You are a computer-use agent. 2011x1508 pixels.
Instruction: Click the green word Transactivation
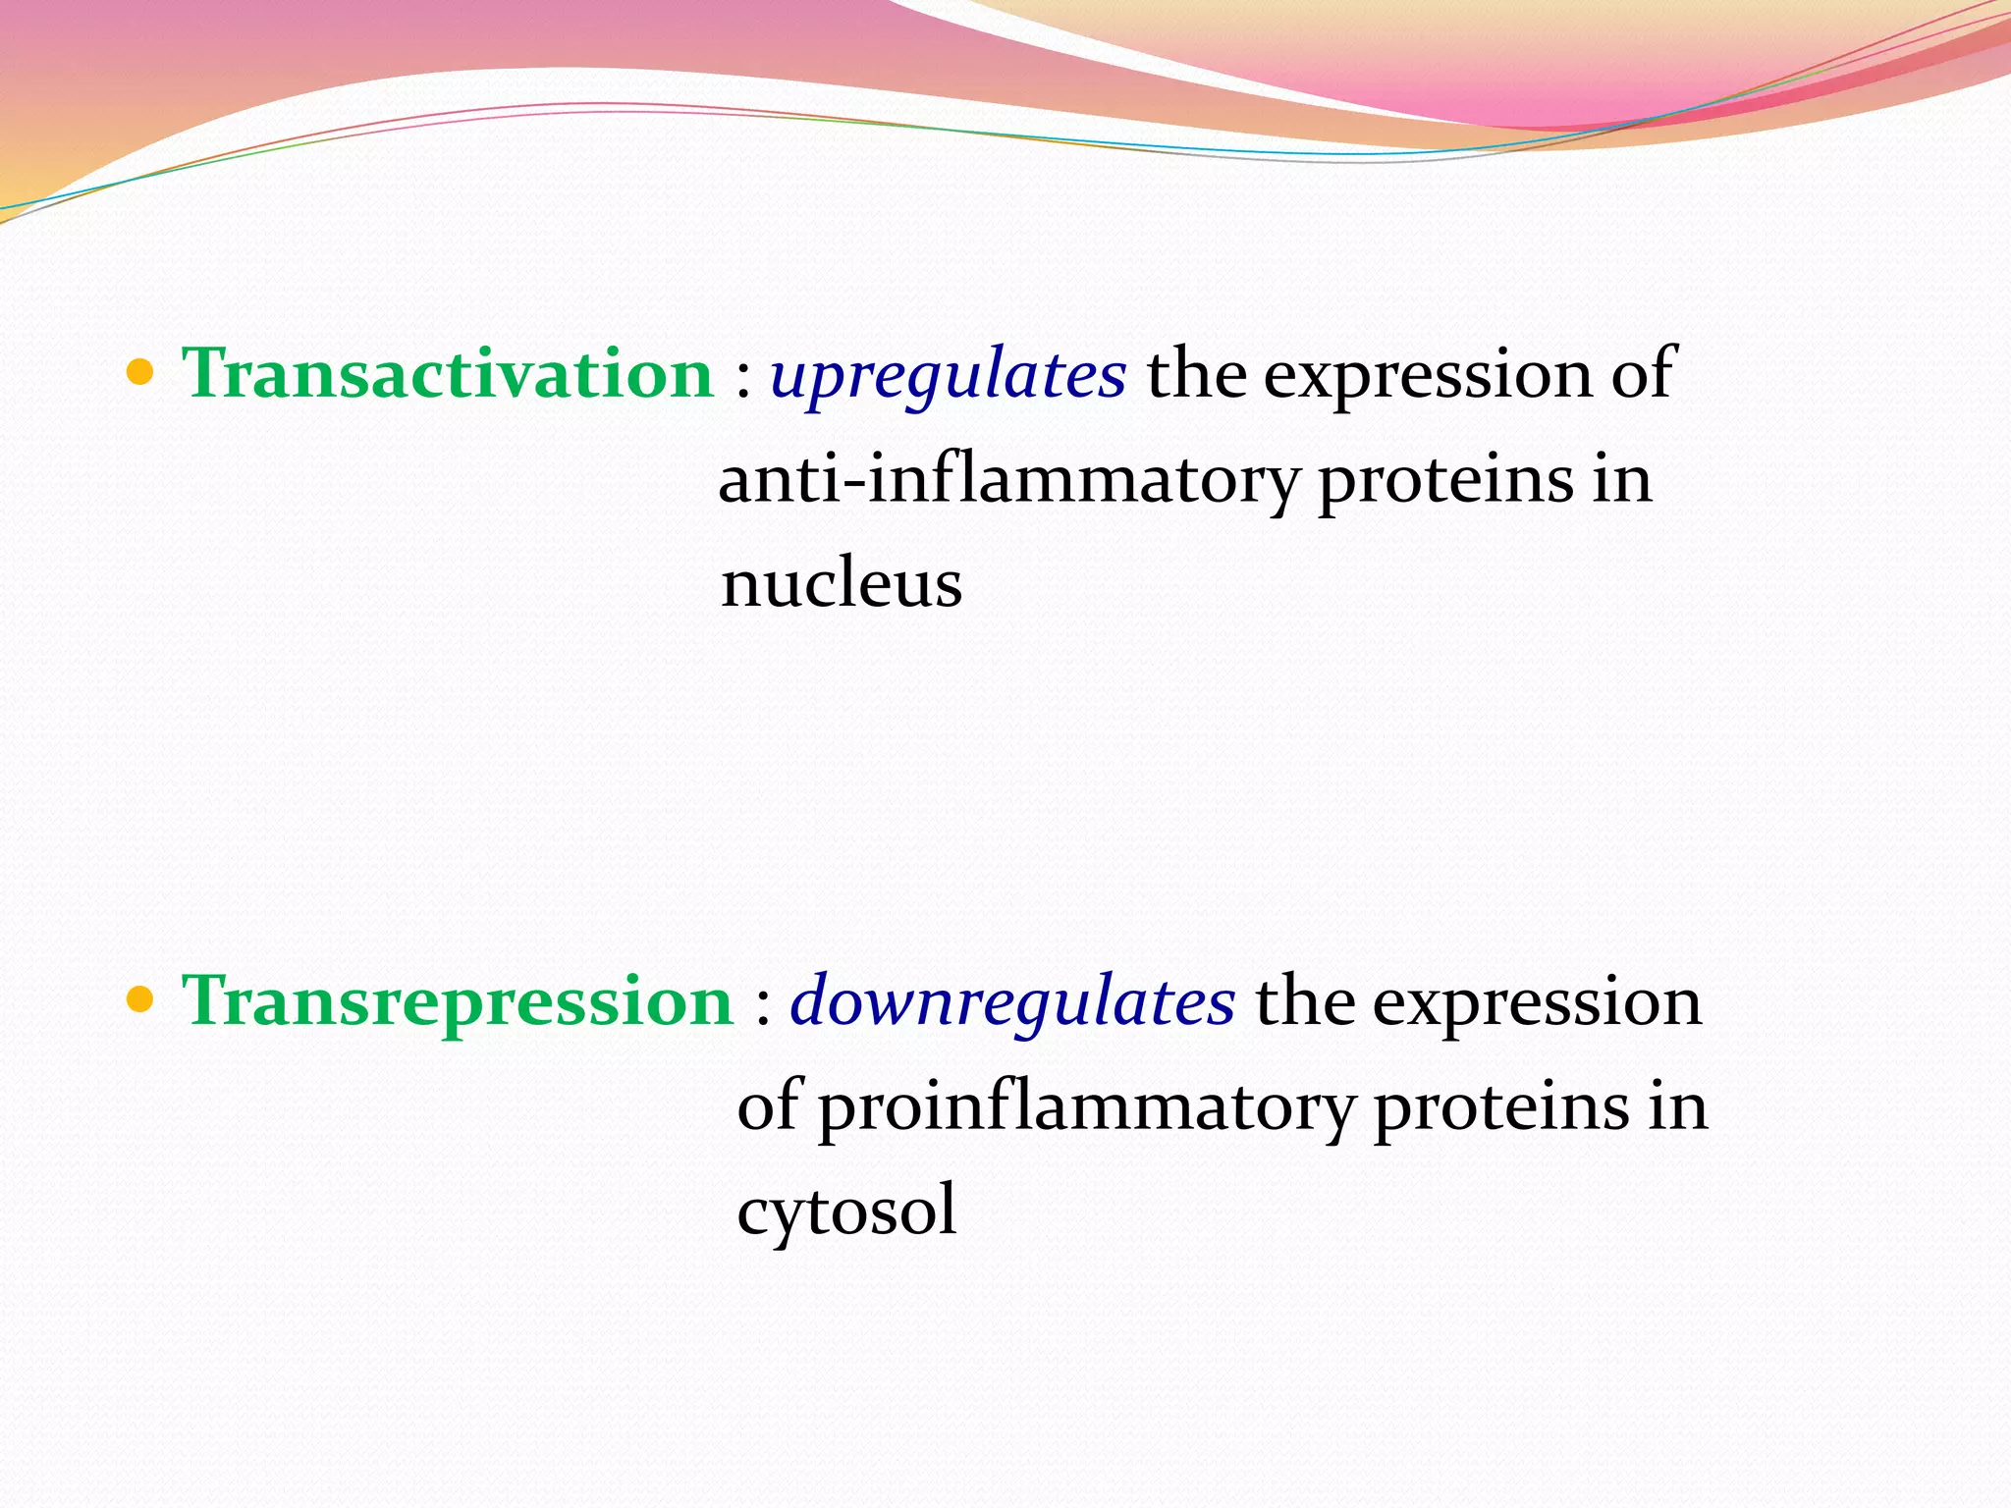(x=448, y=374)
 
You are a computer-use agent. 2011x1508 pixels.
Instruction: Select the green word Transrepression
(x=458, y=1001)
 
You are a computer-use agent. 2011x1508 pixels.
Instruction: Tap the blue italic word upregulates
(x=948, y=376)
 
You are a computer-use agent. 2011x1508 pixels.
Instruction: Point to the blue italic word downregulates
(x=1012, y=1002)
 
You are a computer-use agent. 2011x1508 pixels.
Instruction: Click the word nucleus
(x=841, y=584)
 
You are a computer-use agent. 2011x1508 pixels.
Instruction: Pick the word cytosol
(x=846, y=1211)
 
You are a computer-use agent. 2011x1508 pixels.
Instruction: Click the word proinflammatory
(x=1085, y=1107)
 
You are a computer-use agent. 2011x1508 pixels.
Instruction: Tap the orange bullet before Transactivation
(x=141, y=373)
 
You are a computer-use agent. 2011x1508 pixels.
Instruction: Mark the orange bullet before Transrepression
(x=141, y=1000)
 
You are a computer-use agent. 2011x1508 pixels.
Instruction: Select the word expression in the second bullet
(x=1536, y=1003)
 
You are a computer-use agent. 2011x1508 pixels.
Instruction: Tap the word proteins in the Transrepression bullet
(x=1501, y=1107)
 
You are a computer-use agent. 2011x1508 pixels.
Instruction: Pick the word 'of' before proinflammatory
(x=768, y=1105)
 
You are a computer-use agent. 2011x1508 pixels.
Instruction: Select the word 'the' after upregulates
(x=1195, y=374)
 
